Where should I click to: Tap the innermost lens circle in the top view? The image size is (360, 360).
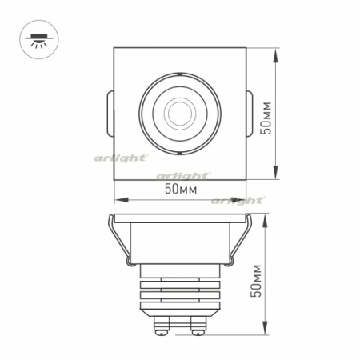click(x=178, y=111)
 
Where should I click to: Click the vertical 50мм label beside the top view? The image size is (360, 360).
click(x=270, y=118)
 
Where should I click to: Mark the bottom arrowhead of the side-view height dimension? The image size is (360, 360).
click(x=265, y=334)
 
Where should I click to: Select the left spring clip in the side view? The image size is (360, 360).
click(x=119, y=240)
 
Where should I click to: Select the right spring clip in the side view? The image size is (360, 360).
click(x=238, y=240)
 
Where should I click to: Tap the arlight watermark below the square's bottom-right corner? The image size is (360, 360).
click(x=238, y=201)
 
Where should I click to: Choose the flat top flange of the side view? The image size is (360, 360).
click(x=178, y=218)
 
